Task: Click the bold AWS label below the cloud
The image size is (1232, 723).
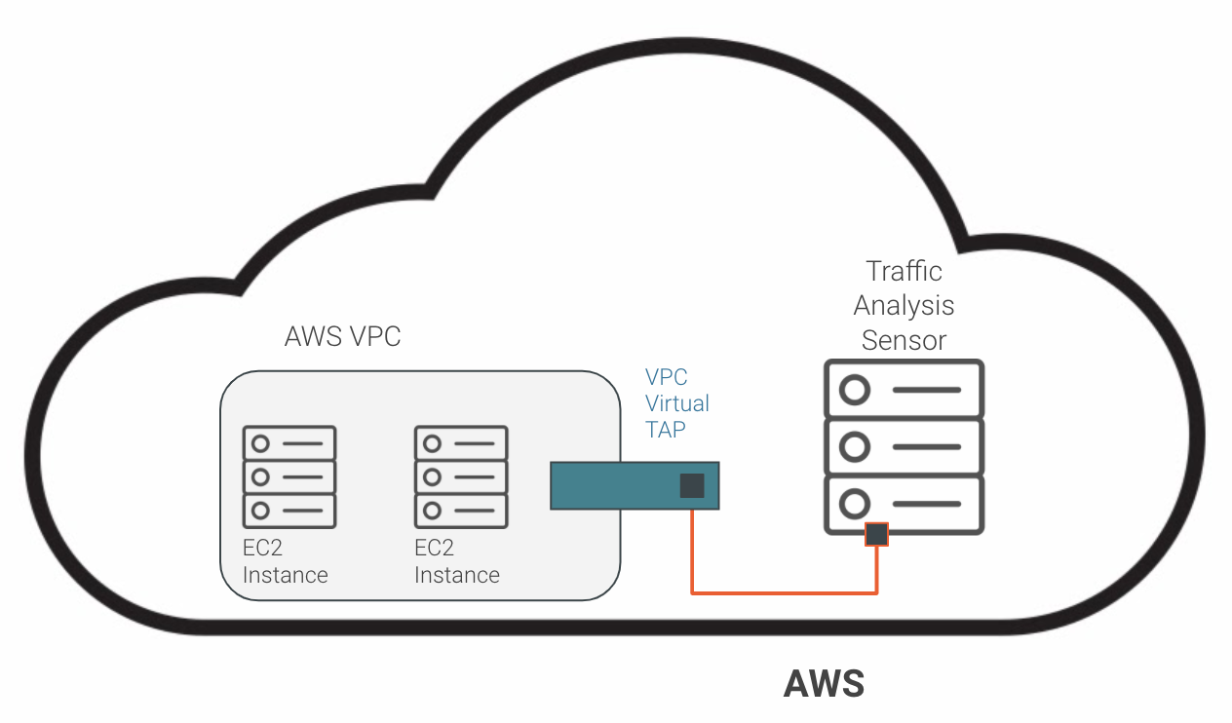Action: click(824, 684)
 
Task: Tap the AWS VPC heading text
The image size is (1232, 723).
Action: click(342, 337)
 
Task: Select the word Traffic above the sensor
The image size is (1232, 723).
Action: click(904, 270)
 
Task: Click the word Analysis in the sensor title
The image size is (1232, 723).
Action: click(904, 305)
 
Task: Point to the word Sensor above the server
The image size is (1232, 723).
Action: click(904, 340)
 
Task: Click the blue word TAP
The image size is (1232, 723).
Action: click(666, 429)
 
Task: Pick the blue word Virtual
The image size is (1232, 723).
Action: click(677, 403)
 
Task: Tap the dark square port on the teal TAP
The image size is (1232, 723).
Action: click(692, 485)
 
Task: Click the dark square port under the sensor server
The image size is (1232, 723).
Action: click(877, 534)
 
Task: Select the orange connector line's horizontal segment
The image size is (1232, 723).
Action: click(785, 591)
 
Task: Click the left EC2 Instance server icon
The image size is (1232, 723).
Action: click(289, 476)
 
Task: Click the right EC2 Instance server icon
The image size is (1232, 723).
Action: click(461, 476)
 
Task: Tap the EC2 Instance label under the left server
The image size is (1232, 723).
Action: click(285, 562)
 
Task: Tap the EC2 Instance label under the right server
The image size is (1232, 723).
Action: click(456, 562)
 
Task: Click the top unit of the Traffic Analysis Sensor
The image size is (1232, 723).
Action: click(904, 390)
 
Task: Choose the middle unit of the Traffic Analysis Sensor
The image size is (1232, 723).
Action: click(904, 446)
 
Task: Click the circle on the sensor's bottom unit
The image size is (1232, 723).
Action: click(855, 503)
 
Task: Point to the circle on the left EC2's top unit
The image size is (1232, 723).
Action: click(260, 443)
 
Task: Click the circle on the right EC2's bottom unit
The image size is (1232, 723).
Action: click(432, 510)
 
